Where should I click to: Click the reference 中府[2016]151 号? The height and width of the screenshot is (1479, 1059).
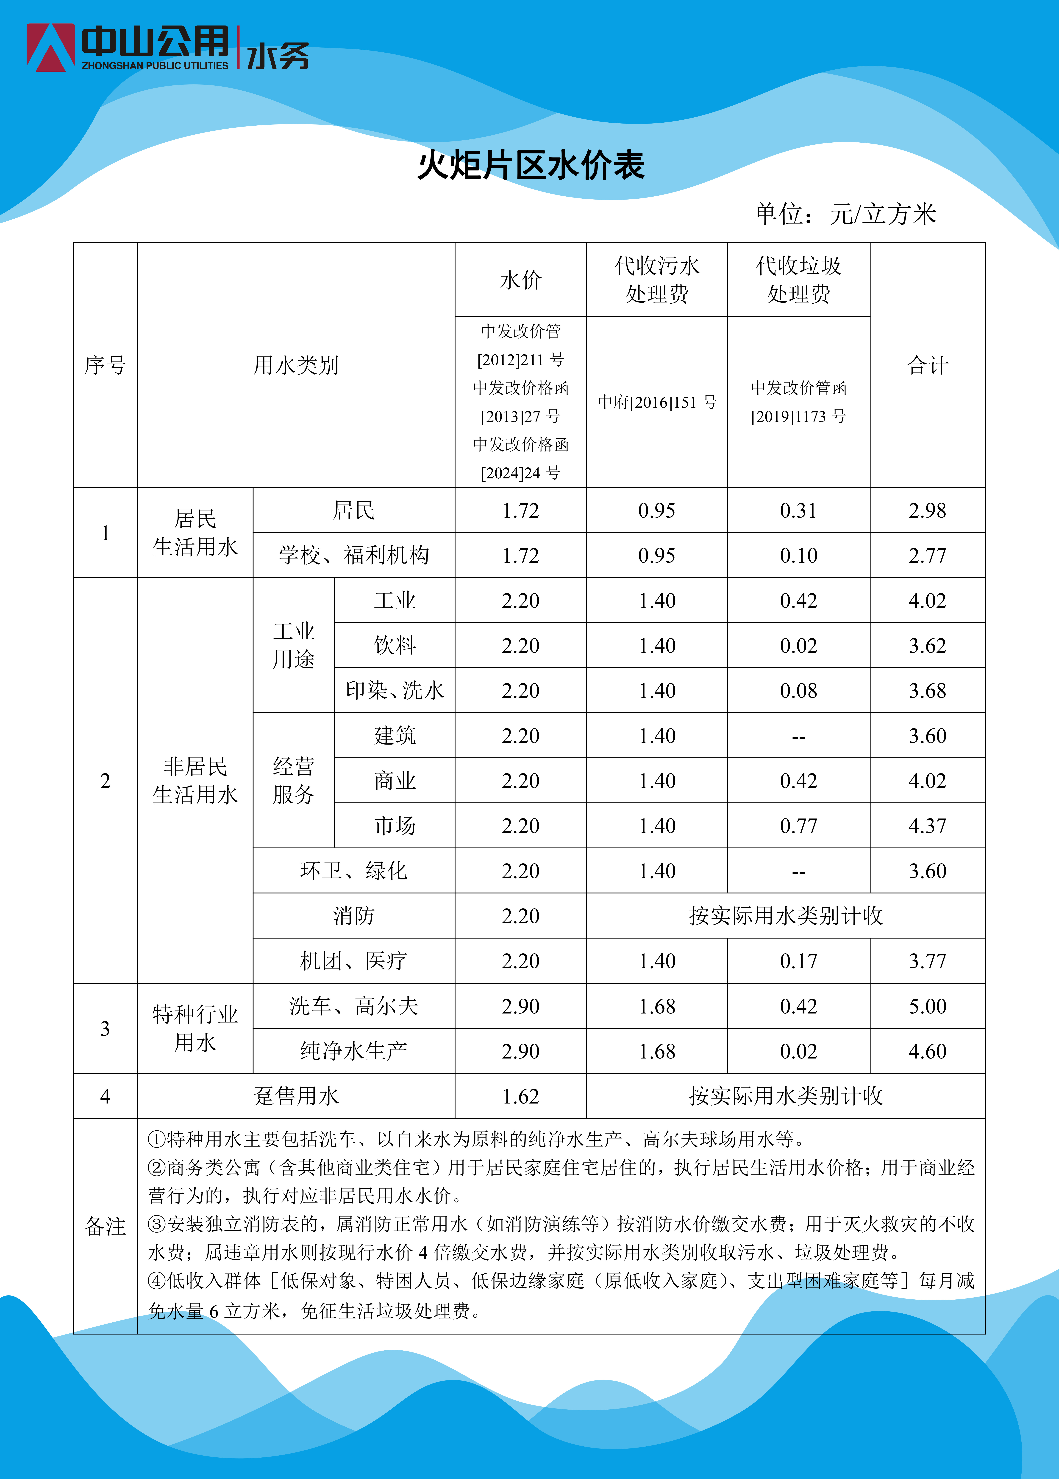click(x=657, y=402)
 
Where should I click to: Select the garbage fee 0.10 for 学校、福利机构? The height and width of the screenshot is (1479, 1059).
click(x=798, y=556)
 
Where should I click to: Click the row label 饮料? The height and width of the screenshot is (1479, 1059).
click(x=394, y=646)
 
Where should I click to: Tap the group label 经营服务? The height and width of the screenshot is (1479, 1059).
click(x=293, y=781)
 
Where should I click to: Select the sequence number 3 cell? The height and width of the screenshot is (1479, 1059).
click(x=105, y=1028)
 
